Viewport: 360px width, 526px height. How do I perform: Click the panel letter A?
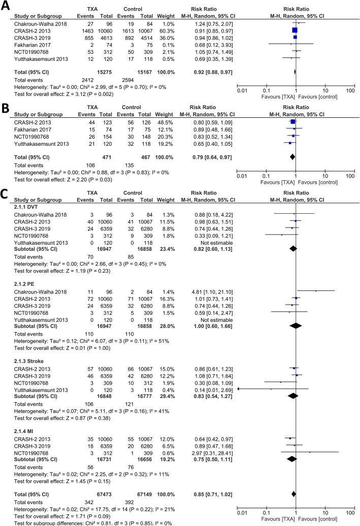pos(5,6)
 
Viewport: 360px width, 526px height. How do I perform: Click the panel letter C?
pos(5,194)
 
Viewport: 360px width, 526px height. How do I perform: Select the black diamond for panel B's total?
pos(292,157)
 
